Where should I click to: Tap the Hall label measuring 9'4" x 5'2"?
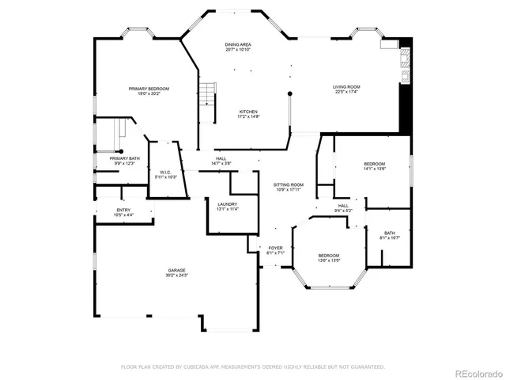click(x=344, y=207)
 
